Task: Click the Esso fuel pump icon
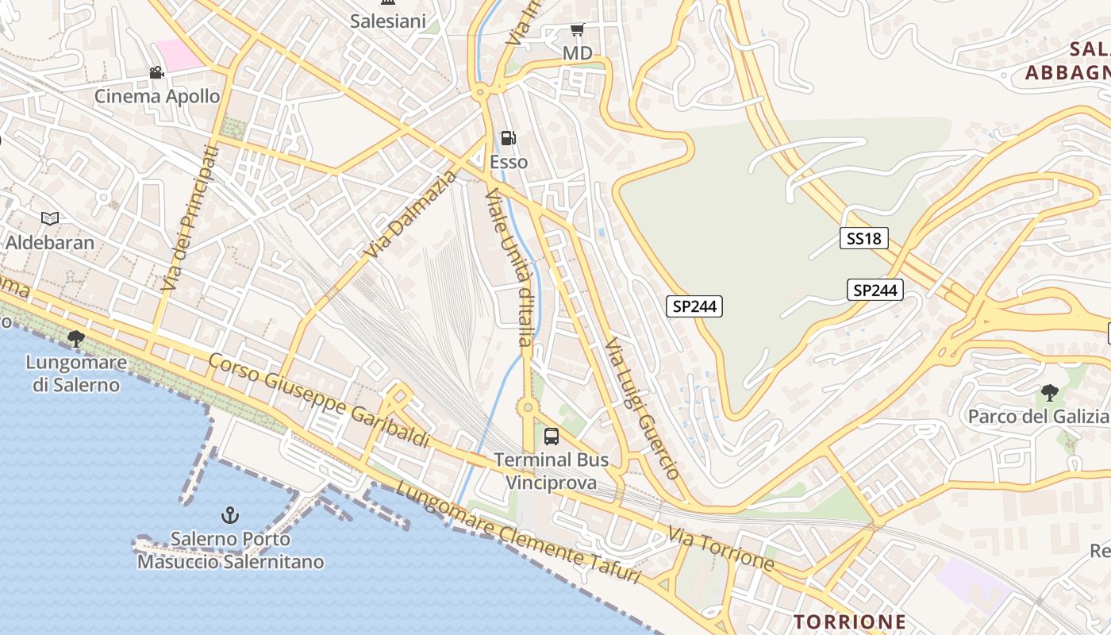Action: [508, 139]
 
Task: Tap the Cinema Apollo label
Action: [157, 96]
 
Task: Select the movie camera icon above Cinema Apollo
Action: [156, 73]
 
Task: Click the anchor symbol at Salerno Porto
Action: [229, 515]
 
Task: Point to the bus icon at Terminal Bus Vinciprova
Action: [551, 436]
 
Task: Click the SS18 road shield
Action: [863, 237]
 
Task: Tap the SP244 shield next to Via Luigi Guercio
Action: [694, 306]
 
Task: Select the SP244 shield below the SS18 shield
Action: [875, 291]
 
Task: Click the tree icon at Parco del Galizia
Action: [1049, 392]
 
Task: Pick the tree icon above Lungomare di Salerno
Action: [76, 340]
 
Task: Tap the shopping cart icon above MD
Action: [577, 30]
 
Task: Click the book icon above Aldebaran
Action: [49, 218]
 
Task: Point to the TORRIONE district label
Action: [850, 621]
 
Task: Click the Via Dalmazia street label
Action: [413, 214]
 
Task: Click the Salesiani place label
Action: [388, 21]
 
